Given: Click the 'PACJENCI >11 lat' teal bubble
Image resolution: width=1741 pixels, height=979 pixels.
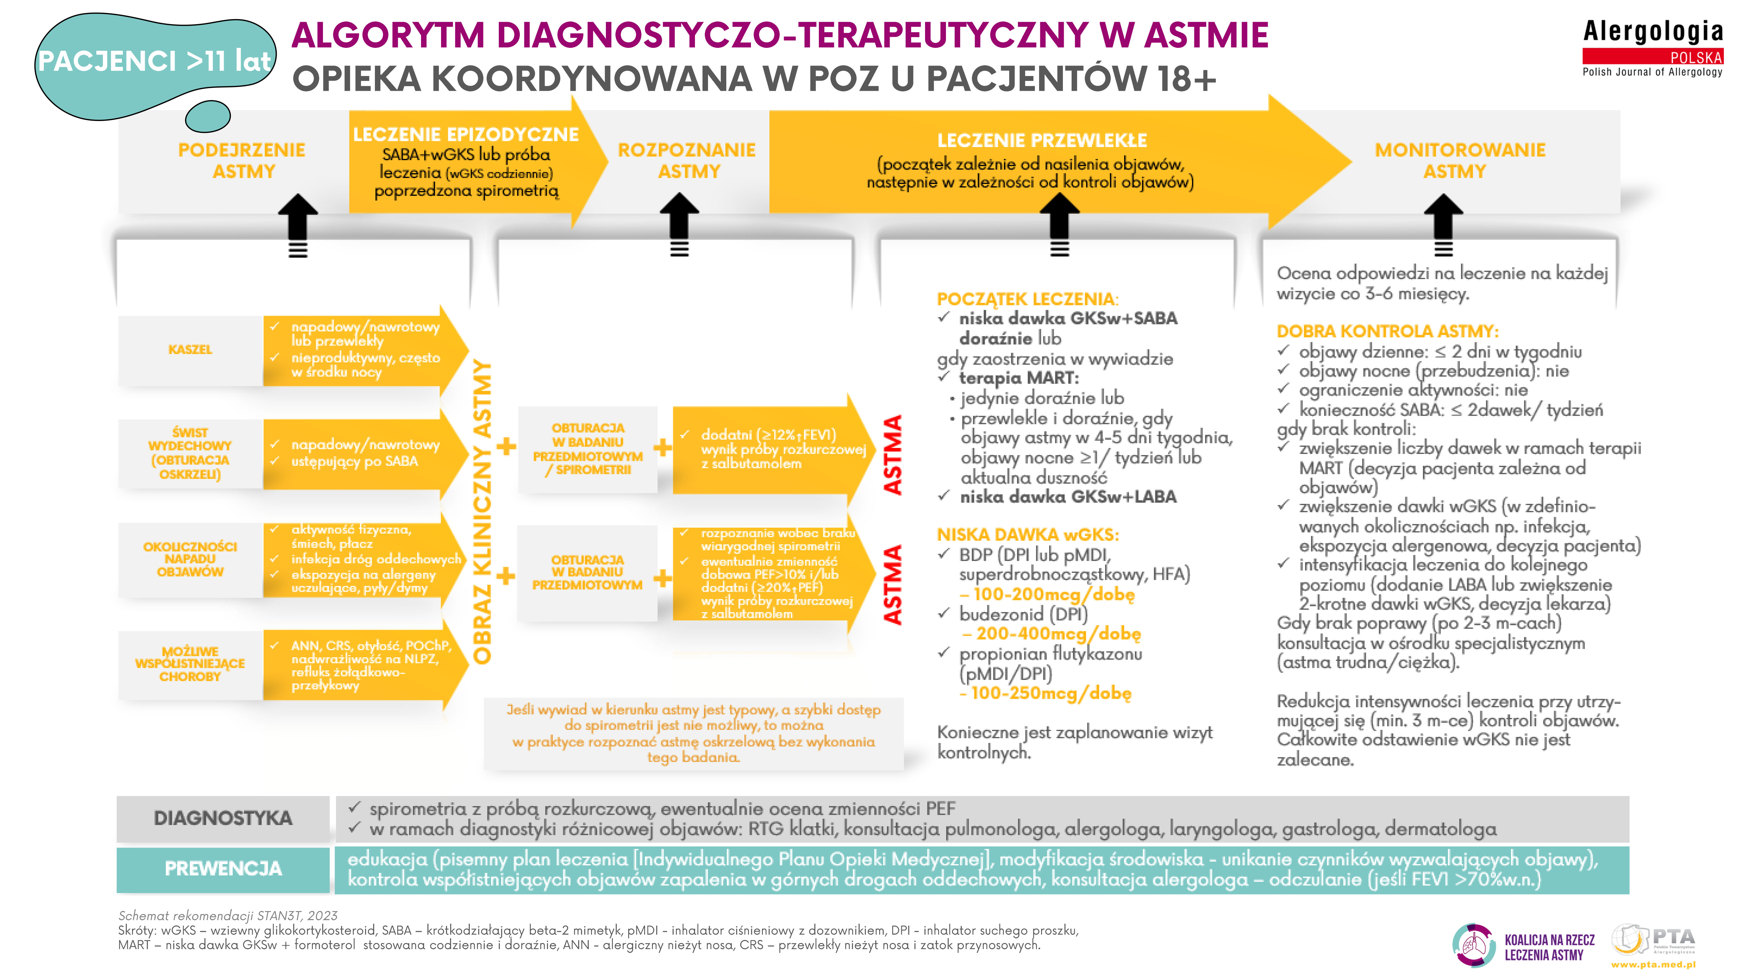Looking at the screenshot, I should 154,62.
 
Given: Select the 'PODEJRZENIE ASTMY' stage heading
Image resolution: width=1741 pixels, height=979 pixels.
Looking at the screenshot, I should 242,161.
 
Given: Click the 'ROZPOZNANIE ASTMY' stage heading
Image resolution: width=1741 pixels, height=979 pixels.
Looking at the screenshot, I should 687,161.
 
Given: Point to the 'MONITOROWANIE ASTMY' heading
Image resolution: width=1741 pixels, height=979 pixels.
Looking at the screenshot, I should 1460,161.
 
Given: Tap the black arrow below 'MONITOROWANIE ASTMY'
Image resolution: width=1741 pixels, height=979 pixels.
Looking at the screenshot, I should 1443,223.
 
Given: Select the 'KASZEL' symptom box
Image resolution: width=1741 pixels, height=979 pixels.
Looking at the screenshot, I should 190,349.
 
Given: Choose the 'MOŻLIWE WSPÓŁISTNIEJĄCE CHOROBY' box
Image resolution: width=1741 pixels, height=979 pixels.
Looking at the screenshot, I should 190,664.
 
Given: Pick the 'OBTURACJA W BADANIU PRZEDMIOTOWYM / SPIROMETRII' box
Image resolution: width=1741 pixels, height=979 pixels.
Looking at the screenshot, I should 587,449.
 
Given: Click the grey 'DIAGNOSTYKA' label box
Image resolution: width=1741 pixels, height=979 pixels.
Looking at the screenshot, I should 223,818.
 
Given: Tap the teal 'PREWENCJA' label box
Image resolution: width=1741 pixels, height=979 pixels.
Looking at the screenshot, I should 223,869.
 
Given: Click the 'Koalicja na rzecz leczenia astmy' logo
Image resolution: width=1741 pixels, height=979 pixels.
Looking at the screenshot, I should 1524,946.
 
